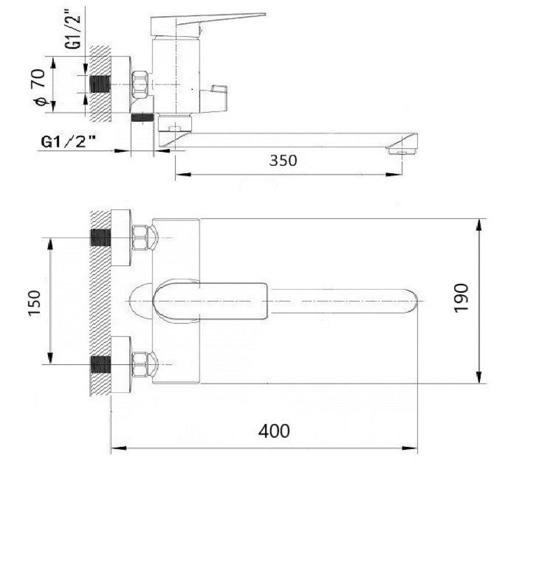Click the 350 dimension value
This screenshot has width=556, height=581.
pyautogui.click(x=282, y=160)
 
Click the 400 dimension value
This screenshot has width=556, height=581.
pyautogui.click(x=274, y=431)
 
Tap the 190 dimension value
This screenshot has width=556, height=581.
pyautogui.click(x=461, y=298)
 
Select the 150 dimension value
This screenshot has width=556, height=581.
pyautogui.click(x=34, y=303)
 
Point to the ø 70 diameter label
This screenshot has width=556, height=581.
pyautogui.click(x=39, y=87)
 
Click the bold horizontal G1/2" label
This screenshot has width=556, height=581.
pyautogui.click(x=68, y=141)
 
